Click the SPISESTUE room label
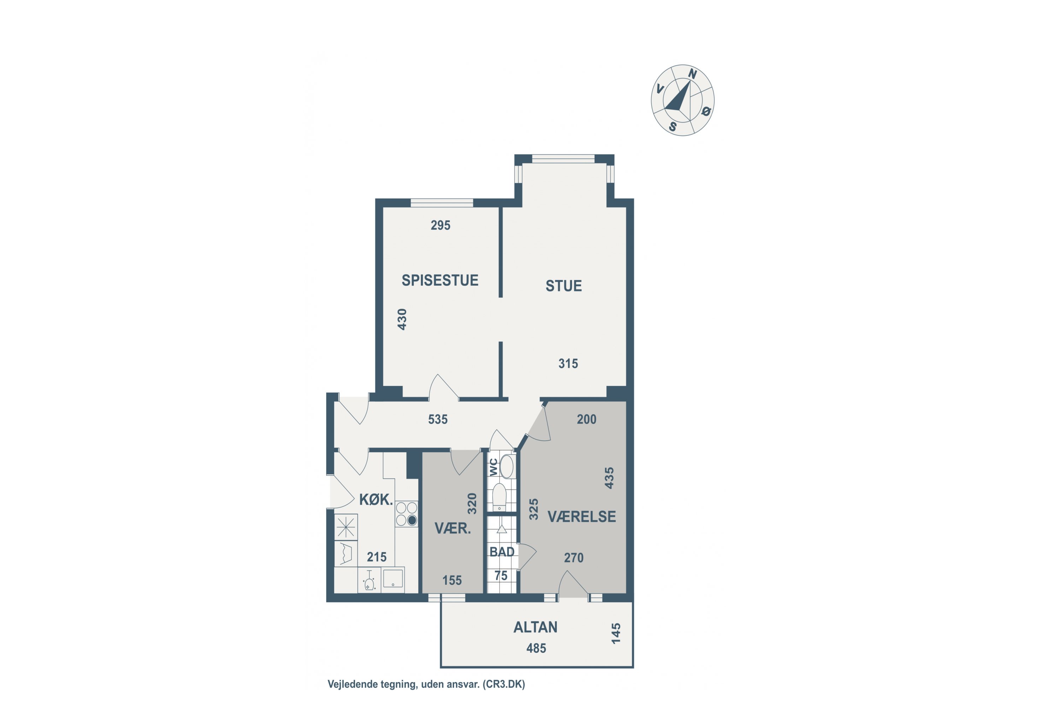tap(440, 280)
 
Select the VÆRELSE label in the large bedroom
tap(581, 517)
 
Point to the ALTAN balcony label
tap(535, 627)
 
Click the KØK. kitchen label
tap(376, 499)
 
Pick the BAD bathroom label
tap(502, 552)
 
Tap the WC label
tap(494, 467)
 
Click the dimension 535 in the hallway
tap(438, 419)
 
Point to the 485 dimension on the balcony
tap(536, 648)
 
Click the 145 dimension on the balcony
tap(616, 633)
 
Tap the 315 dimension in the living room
tap(568, 363)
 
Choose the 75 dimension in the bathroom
tap(501, 576)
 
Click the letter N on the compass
tap(693, 74)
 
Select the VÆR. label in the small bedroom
tap(453, 528)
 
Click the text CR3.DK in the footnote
tap(504, 684)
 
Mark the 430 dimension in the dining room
tap(402, 319)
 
